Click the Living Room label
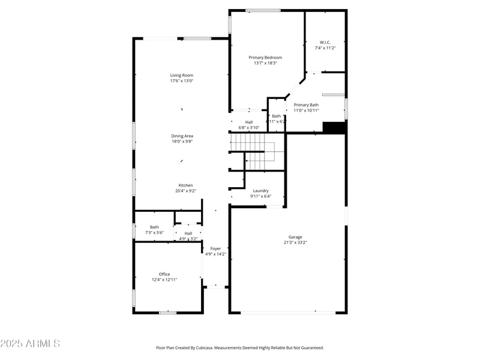pyautogui.click(x=181, y=75)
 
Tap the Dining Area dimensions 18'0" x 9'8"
pyautogui.click(x=182, y=142)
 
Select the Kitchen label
pyautogui.click(x=185, y=185)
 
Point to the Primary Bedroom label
pyautogui.click(x=265, y=58)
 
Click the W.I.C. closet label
pyautogui.click(x=325, y=42)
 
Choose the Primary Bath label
pyautogui.click(x=306, y=105)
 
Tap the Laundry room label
pyautogui.click(x=260, y=191)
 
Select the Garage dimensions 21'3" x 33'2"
pyautogui.click(x=295, y=243)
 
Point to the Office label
pyautogui.click(x=164, y=274)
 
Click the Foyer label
pyautogui.click(x=215, y=248)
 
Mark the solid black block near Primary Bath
pyautogui.click(x=335, y=128)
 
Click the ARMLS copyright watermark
pyautogui.click(x=30, y=344)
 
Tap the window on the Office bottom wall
pyautogui.click(x=167, y=312)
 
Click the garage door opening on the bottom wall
pyautogui.click(x=288, y=312)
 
